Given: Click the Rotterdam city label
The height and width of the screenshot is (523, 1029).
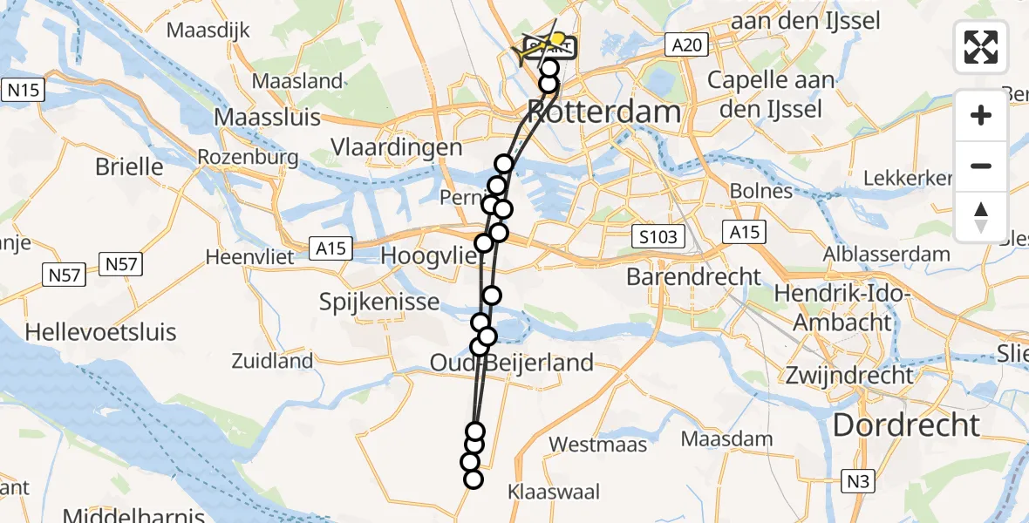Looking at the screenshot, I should (604, 112).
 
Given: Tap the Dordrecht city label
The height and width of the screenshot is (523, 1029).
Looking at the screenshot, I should (907, 425).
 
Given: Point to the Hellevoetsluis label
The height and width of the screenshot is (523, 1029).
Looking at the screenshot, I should (100, 332).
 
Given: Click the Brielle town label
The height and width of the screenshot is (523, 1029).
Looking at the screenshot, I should (131, 166).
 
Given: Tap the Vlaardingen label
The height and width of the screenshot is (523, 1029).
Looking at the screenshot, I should (397, 147).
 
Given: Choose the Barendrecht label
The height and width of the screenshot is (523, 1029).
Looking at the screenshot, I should (694, 277).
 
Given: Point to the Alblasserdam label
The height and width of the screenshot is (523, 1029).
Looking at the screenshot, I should (898, 255).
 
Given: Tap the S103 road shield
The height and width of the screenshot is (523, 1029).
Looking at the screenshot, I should (658, 236).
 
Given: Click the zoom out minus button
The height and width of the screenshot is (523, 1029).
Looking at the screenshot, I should (982, 166).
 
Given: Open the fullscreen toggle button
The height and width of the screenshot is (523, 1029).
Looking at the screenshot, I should (982, 47).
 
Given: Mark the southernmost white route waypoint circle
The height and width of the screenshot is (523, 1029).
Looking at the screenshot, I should (474, 479).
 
